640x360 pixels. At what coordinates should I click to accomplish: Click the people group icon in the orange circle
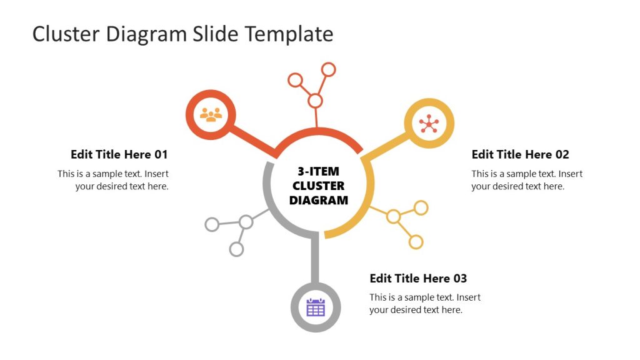click(x=211, y=114)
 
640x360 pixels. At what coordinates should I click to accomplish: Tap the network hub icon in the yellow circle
click(x=429, y=123)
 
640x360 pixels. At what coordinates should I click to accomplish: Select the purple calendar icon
click(x=316, y=307)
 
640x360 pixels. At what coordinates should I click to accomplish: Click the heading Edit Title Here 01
click(x=119, y=154)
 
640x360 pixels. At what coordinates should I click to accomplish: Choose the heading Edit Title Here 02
click(x=520, y=154)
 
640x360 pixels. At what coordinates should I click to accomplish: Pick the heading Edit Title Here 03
click(x=418, y=278)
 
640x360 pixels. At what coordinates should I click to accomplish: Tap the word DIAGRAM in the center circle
click(x=319, y=201)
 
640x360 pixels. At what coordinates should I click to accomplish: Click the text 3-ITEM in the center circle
click(x=319, y=171)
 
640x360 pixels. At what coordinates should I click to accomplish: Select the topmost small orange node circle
click(x=328, y=69)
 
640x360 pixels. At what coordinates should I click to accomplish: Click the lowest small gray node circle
click(x=236, y=249)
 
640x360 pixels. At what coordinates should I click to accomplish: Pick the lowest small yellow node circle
click(x=416, y=241)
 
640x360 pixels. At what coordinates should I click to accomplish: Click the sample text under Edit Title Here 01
click(x=113, y=180)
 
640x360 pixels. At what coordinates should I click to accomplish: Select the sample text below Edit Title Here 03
click(x=425, y=304)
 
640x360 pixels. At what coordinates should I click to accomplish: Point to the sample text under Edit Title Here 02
click(x=527, y=180)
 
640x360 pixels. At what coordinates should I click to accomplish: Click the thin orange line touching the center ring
click(x=316, y=119)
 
